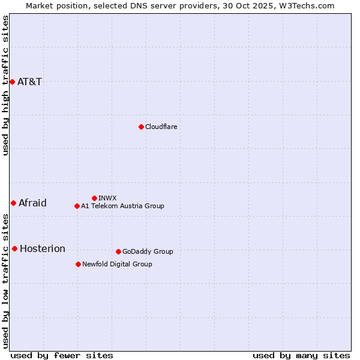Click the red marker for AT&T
pos(12,82)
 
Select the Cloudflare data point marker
pos(141,127)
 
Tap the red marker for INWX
pos(94,198)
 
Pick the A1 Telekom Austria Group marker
pos(77,206)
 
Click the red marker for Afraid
pos(13,203)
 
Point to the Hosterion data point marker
pos(14,248)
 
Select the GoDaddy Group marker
pos(118,251)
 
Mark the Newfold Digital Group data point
pos(78,264)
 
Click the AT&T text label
pos(30,82)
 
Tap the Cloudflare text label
pos(161,127)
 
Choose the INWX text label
pos(108,199)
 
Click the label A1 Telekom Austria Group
pos(123,206)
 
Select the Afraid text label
pos(32,203)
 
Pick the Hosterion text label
pos(43,249)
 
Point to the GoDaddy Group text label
pos(148,252)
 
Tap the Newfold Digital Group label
pos(118,265)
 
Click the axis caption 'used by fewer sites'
pos(62,355)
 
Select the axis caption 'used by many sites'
pos(301,355)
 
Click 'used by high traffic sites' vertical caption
pos(5,85)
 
